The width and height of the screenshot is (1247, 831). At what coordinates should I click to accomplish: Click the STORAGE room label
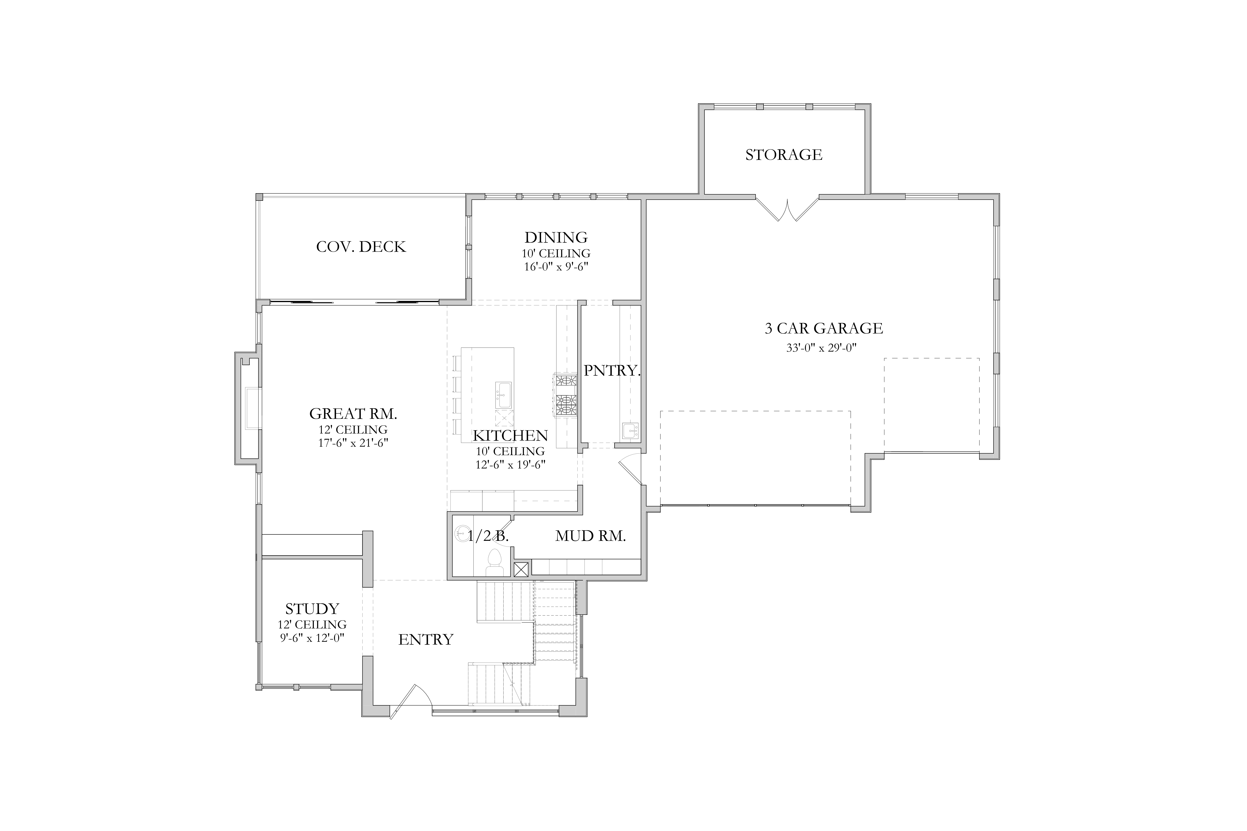click(784, 155)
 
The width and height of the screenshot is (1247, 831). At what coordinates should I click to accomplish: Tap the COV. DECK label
click(361, 247)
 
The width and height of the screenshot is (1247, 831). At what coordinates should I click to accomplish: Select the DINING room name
click(556, 237)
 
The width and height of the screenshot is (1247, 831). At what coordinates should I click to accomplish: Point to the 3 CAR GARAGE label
click(824, 329)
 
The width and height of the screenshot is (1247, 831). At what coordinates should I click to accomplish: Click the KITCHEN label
click(510, 436)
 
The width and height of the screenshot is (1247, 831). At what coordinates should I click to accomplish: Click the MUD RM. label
click(591, 536)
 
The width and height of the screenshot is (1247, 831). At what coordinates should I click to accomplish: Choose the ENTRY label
click(426, 640)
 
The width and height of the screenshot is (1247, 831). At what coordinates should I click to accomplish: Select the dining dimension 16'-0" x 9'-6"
click(556, 267)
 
